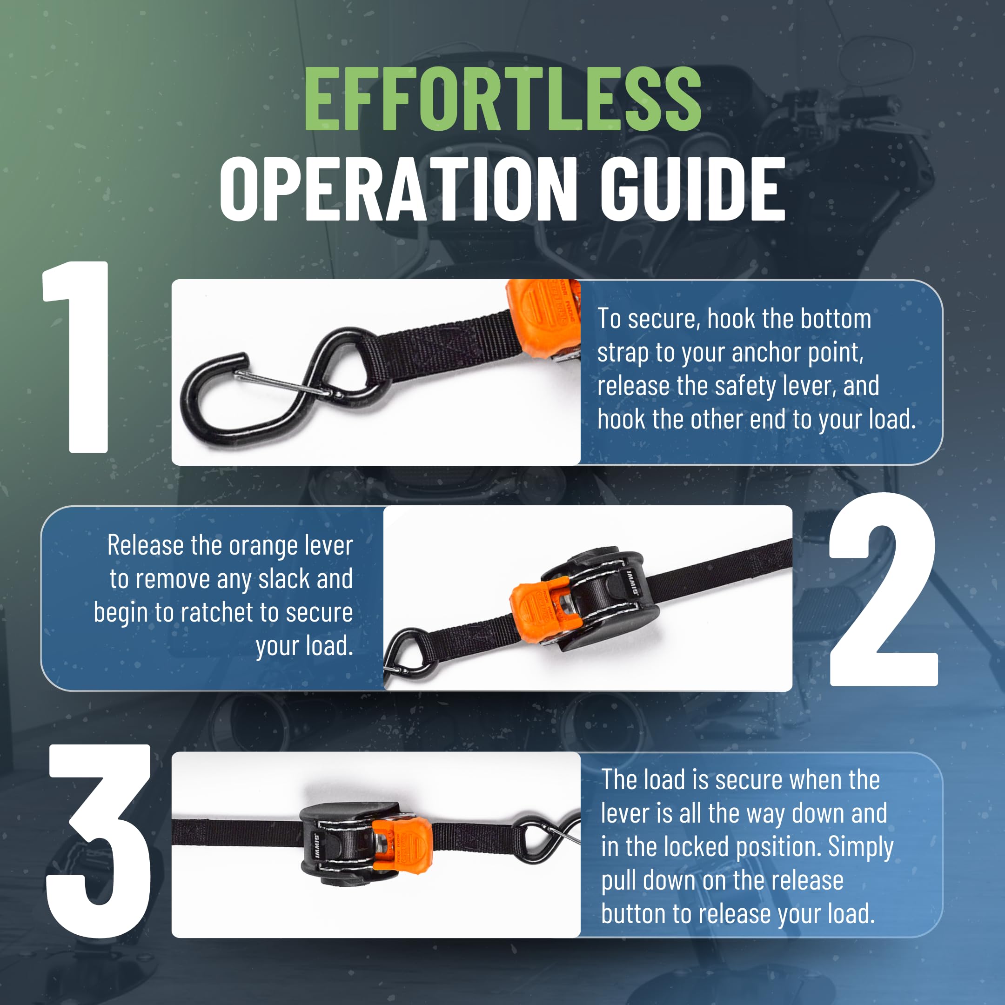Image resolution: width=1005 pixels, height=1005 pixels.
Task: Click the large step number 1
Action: point(78,357)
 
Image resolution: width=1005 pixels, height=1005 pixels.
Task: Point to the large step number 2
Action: point(883,589)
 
